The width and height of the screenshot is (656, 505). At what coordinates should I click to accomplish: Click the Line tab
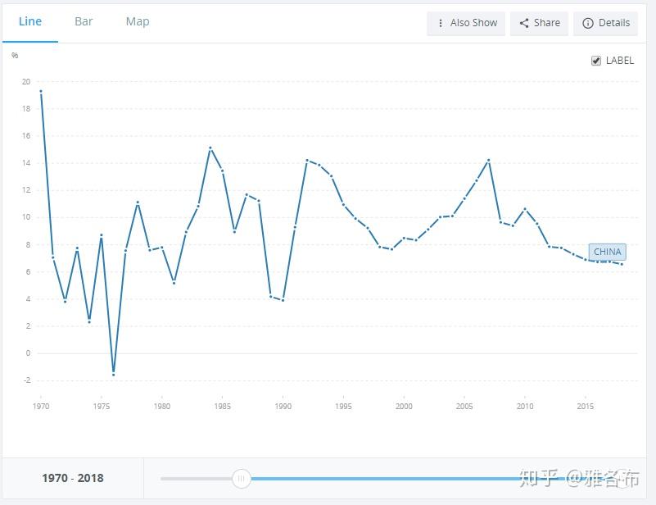pos(30,21)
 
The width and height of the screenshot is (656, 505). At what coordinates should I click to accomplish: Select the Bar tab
pos(84,21)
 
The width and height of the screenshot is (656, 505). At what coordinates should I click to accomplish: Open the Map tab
pos(138,22)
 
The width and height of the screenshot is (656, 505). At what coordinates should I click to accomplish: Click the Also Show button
pos(466,23)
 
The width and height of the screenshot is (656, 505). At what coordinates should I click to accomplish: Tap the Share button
pos(539,23)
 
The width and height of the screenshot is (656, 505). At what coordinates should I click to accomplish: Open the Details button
pos(605,23)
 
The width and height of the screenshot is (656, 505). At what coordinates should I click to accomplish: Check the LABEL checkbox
pos(596,61)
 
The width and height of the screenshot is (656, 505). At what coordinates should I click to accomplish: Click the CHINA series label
pos(608,252)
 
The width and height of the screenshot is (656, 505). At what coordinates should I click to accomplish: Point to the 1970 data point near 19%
pos(41,91)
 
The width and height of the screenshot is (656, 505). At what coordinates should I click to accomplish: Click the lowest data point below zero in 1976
pos(113,375)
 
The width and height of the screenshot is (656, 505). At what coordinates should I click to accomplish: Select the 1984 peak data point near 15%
pos(210,148)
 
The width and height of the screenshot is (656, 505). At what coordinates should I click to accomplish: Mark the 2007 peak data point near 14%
pos(488,161)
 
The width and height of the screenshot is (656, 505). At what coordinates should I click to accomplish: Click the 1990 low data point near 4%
pos(283,300)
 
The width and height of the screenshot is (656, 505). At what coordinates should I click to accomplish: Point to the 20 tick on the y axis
pos(26,82)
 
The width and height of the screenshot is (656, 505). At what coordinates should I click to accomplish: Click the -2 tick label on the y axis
pos(27,380)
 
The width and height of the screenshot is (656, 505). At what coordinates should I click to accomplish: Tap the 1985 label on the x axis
pos(222,406)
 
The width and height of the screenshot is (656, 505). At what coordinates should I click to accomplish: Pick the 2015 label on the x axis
pos(586,406)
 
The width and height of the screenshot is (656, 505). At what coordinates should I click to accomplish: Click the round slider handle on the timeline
pos(242,478)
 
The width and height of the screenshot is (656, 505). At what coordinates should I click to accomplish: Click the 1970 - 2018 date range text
pos(73,478)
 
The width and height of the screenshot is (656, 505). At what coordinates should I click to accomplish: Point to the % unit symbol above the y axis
pos(15,55)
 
